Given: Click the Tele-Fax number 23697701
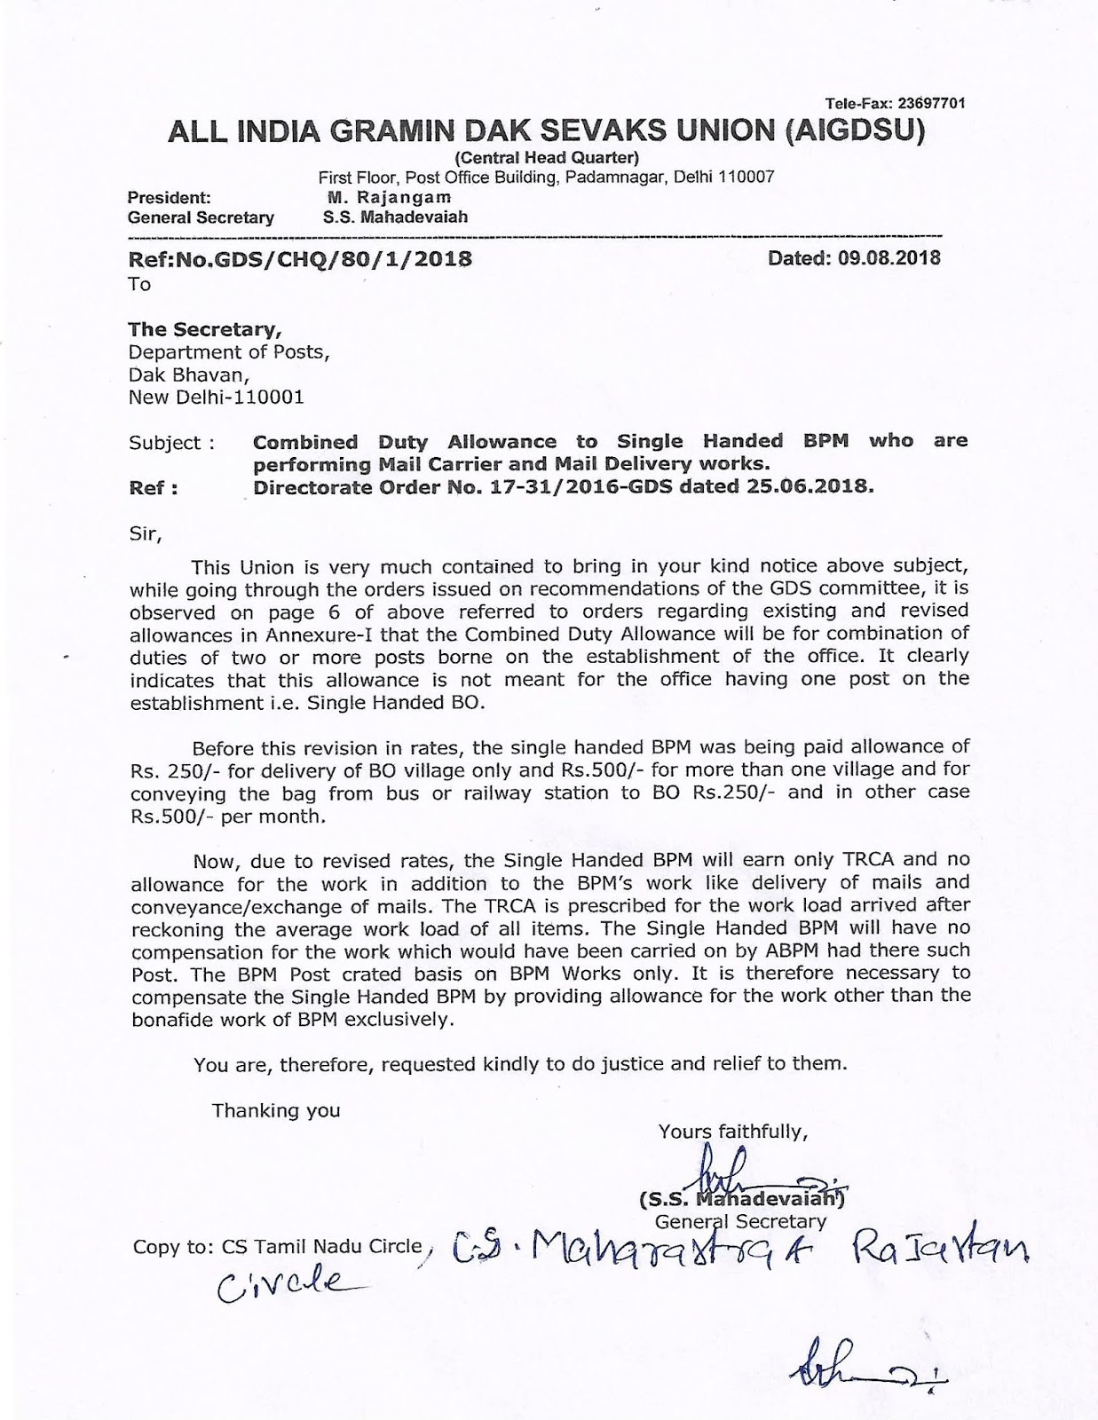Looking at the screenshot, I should click(x=928, y=103).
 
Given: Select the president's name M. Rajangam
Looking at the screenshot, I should click(x=388, y=197).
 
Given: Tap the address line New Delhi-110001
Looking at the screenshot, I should click(x=216, y=397).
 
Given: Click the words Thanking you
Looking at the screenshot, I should click(x=275, y=1109).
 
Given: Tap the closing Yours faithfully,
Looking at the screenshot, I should click(x=732, y=1131).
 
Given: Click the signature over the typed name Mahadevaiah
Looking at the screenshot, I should click(x=732, y=1171).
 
